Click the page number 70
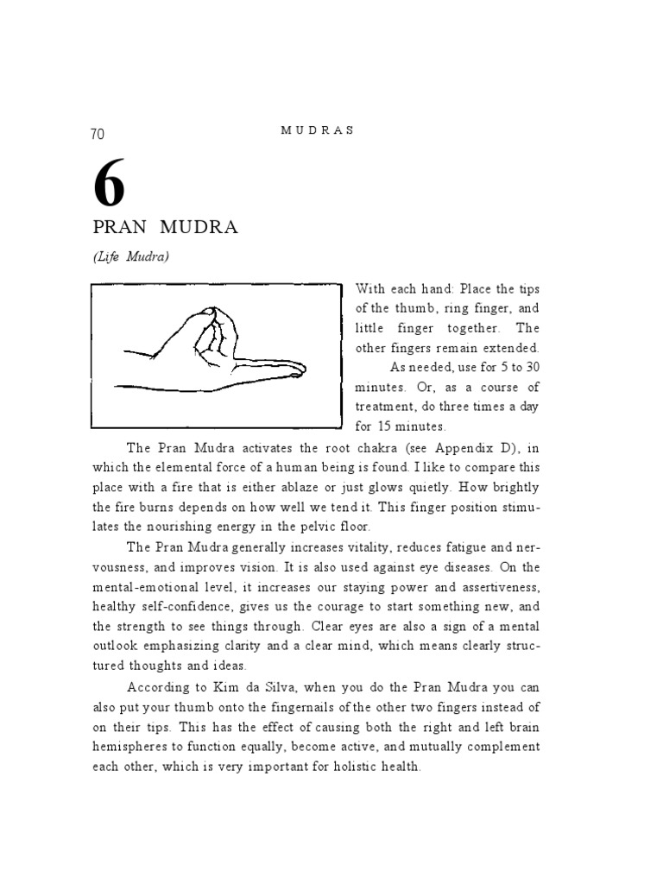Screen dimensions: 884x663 [x=97, y=134]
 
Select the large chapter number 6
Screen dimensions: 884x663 [x=109, y=185]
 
